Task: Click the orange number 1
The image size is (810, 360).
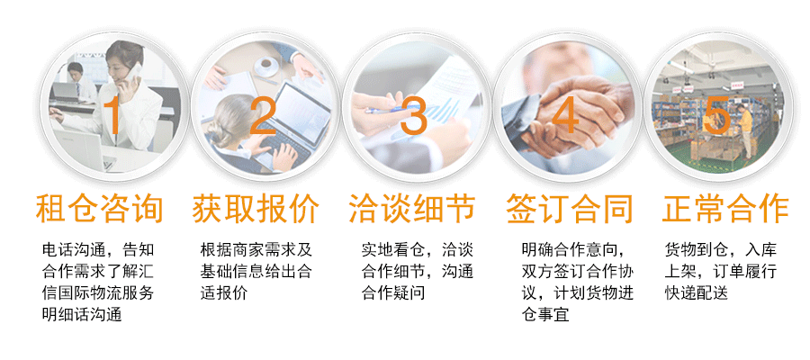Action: point(112,116)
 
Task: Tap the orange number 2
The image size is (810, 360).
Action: point(263,116)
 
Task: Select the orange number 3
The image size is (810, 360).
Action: point(414,116)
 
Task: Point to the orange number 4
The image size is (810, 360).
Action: point(565,116)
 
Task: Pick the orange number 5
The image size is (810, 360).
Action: point(716,117)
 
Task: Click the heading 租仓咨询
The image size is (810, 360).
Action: point(99,209)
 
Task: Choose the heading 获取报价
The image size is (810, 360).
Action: point(256,209)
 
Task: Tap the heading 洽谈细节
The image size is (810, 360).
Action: point(412,209)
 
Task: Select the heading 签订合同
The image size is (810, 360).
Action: point(570,209)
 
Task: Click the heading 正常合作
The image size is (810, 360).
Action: point(725,209)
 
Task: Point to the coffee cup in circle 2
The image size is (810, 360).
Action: point(266,66)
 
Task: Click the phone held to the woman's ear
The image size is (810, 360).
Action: point(135,71)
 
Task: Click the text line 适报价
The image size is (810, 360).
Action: point(224,292)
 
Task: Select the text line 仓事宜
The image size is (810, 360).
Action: point(545,314)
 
